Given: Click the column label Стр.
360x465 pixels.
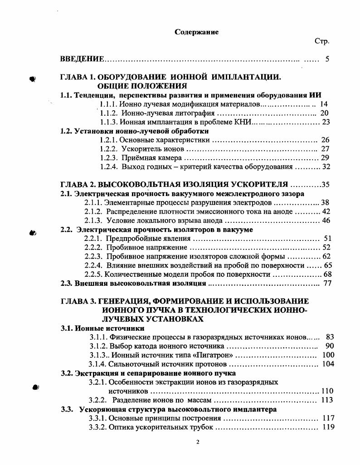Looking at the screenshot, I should (x=321, y=41).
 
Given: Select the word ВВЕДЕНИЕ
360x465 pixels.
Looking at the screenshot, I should (x=83, y=59).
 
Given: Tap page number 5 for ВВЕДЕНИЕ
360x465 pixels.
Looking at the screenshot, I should (x=327, y=59).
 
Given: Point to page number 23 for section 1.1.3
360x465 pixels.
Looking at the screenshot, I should (x=325, y=122).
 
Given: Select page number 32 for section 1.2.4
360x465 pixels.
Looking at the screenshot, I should (x=325, y=166).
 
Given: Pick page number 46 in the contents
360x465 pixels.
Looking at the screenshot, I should (x=326, y=220).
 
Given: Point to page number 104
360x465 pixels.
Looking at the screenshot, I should (x=328, y=364).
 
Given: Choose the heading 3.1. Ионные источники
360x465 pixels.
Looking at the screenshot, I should (x=102, y=328).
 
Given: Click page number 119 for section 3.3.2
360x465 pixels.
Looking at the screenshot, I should (x=328, y=427).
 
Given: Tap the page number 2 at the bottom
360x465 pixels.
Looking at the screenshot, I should (x=198, y=442).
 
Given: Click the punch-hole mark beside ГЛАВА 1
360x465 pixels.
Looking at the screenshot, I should (x=32, y=78).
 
